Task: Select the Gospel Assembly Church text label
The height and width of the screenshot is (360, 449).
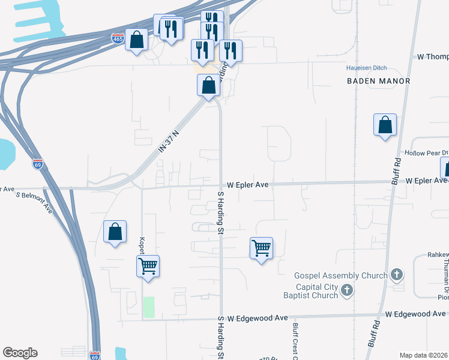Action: click(340, 276)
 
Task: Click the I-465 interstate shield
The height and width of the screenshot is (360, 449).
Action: click(118, 38)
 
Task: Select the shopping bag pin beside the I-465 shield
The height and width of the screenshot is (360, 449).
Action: click(137, 40)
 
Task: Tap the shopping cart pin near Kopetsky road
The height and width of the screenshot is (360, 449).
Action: click(148, 265)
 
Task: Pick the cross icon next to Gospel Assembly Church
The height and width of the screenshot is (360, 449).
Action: click(396, 275)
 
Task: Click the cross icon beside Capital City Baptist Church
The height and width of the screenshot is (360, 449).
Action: click(346, 291)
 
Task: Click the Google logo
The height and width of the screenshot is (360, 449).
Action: click(20, 353)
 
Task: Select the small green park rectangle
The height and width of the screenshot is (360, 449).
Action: click(148, 307)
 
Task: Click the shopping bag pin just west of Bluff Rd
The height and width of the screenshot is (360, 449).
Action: click(385, 125)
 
